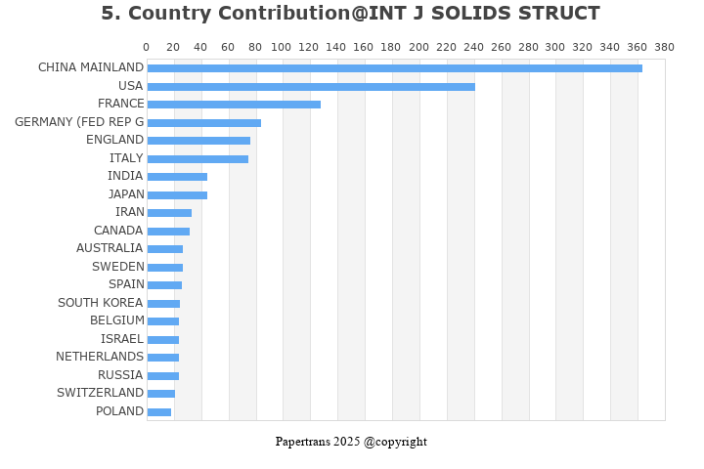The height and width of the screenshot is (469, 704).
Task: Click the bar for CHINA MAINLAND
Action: (394, 68)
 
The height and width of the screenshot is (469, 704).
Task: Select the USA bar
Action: (311, 87)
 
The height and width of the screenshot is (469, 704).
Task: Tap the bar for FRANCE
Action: (234, 105)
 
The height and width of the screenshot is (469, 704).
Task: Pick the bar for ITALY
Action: (198, 159)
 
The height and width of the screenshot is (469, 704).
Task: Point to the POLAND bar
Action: (159, 412)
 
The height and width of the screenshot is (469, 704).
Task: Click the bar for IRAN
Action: (169, 213)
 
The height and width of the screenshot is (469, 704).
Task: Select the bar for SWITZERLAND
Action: (161, 394)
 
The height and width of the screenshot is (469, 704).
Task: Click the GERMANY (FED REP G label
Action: (79, 122)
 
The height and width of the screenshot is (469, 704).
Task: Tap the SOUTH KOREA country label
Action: (100, 303)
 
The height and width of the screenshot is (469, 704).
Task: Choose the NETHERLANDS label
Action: (100, 357)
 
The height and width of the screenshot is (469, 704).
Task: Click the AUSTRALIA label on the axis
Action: (110, 248)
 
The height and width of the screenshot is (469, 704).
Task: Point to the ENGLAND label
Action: (114, 140)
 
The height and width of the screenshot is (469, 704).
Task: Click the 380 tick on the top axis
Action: (664, 47)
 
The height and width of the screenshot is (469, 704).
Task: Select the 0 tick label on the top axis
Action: (147, 47)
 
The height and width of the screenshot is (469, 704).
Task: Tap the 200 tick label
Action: (418, 47)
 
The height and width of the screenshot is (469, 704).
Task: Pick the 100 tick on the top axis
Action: (283, 47)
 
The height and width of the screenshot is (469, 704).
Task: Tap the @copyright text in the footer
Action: (395, 442)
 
